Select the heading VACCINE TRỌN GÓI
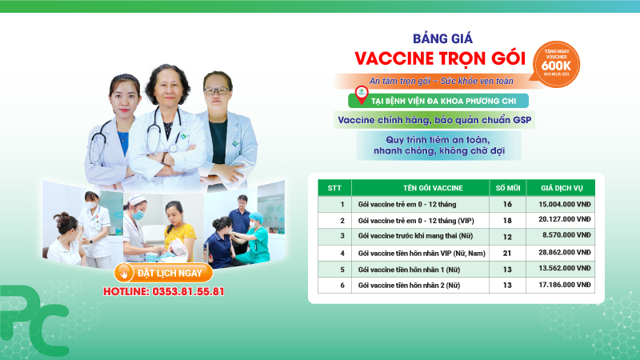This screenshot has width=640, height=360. coord(439,59)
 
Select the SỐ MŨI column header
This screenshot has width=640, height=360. coord(506,188)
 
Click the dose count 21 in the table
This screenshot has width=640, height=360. coord(506,253)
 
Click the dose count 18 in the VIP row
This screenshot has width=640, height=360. coord(506,221)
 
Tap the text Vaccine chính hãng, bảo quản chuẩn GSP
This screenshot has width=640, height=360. coord(434,121)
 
